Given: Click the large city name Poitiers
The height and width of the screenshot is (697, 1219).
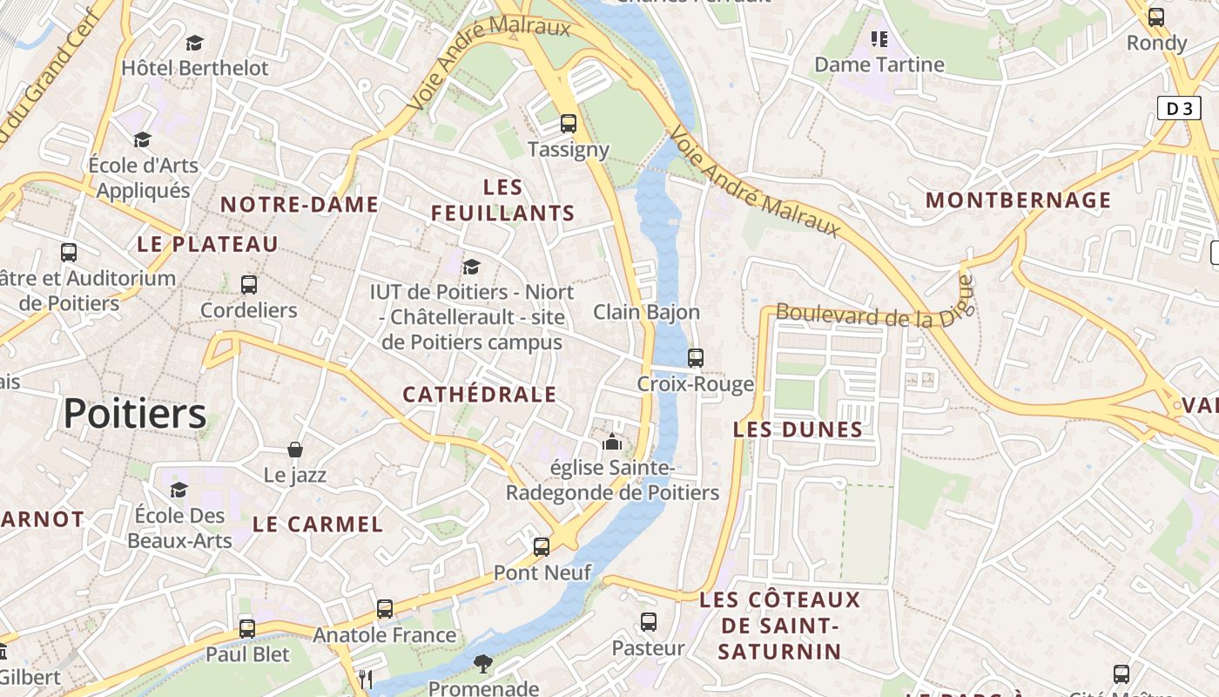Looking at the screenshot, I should (x=135, y=413).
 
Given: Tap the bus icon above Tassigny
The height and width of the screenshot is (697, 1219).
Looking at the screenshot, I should (x=569, y=124).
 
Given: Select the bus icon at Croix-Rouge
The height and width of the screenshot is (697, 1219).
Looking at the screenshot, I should (x=695, y=357).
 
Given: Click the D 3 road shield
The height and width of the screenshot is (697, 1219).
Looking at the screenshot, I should (x=1179, y=108).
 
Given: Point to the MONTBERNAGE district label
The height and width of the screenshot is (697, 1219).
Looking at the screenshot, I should (x=1018, y=200).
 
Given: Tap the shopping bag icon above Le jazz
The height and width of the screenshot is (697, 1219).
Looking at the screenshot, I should (x=295, y=450).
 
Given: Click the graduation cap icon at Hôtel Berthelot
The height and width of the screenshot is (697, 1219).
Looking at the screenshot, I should (x=194, y=43).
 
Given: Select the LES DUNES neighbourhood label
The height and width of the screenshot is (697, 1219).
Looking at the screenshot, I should (x=798, y=429).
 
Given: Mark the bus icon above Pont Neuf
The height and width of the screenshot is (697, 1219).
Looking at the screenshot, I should (x=542, y=547).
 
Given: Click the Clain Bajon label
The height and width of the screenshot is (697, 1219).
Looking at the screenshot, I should (x=646, y=312).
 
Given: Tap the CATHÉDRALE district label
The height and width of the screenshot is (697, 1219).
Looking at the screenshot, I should (x=479, y=394).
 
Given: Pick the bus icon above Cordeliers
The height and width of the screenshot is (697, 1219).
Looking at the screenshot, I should (x=249, y=284).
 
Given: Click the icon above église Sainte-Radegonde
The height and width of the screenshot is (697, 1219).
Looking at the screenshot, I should (x=612, y=443).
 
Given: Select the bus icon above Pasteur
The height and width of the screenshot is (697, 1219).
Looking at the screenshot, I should (x=649, y=622).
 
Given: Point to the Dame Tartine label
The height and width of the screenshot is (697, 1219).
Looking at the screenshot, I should (x=879, y=64).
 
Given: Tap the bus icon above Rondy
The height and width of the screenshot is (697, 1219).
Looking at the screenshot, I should (x=1156, y=17).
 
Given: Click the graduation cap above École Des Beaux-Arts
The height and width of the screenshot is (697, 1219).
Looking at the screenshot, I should (x=179, y=490).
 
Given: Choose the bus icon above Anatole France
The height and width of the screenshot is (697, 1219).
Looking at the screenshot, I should (x=385, y=609).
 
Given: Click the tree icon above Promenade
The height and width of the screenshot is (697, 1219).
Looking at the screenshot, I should (x=483, y=665).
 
